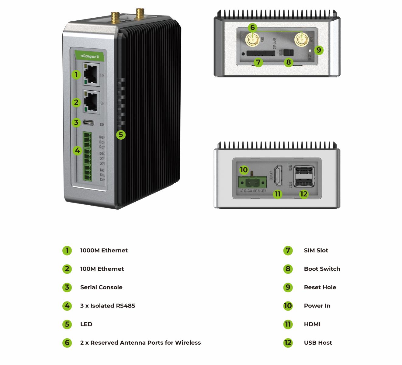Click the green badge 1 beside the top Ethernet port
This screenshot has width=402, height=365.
pyautogui.click(x=76, y=74)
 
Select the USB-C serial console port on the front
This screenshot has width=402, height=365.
pyautogui.click(x=91, y=123)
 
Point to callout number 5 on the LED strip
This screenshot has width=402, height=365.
pyautogui.click(x=121, y=134)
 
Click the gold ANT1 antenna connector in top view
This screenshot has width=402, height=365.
pyautogui.click(x=252, y=40)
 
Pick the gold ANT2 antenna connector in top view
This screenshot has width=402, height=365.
pyautogui.click(x=301, y=40)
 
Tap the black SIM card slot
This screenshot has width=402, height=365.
pyautogui.click(x=259, y=54)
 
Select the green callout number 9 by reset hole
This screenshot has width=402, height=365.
pyautogui.click(x=318, y=50)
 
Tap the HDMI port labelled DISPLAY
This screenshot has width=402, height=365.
pyautogui.click(x=278, y=176)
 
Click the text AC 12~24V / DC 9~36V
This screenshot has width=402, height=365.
pyautogui.click(x=253, y=191)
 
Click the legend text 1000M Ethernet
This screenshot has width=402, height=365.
pyautogui.click(x=104, y=250)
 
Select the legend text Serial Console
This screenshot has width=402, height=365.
pyautogui.click(x=101, y=287)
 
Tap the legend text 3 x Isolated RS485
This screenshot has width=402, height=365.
pyautogui.click(x=108, y=306)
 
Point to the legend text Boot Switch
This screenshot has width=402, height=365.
pyautogui.click(x=322, y=269)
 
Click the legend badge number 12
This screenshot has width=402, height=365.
pyautogui.click(x=288, y=343)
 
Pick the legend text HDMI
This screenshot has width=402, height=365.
pyautogui.click(x=312, y=324)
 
